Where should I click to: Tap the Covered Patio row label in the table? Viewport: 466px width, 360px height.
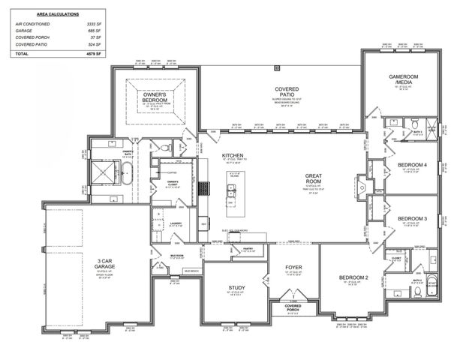pos(32,44)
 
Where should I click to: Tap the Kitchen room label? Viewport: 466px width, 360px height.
pos(233,156)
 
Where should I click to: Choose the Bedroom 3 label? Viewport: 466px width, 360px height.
pos(412,218)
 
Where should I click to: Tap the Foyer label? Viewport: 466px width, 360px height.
pos(293,267)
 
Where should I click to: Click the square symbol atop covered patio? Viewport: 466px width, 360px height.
pos(277,67)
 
